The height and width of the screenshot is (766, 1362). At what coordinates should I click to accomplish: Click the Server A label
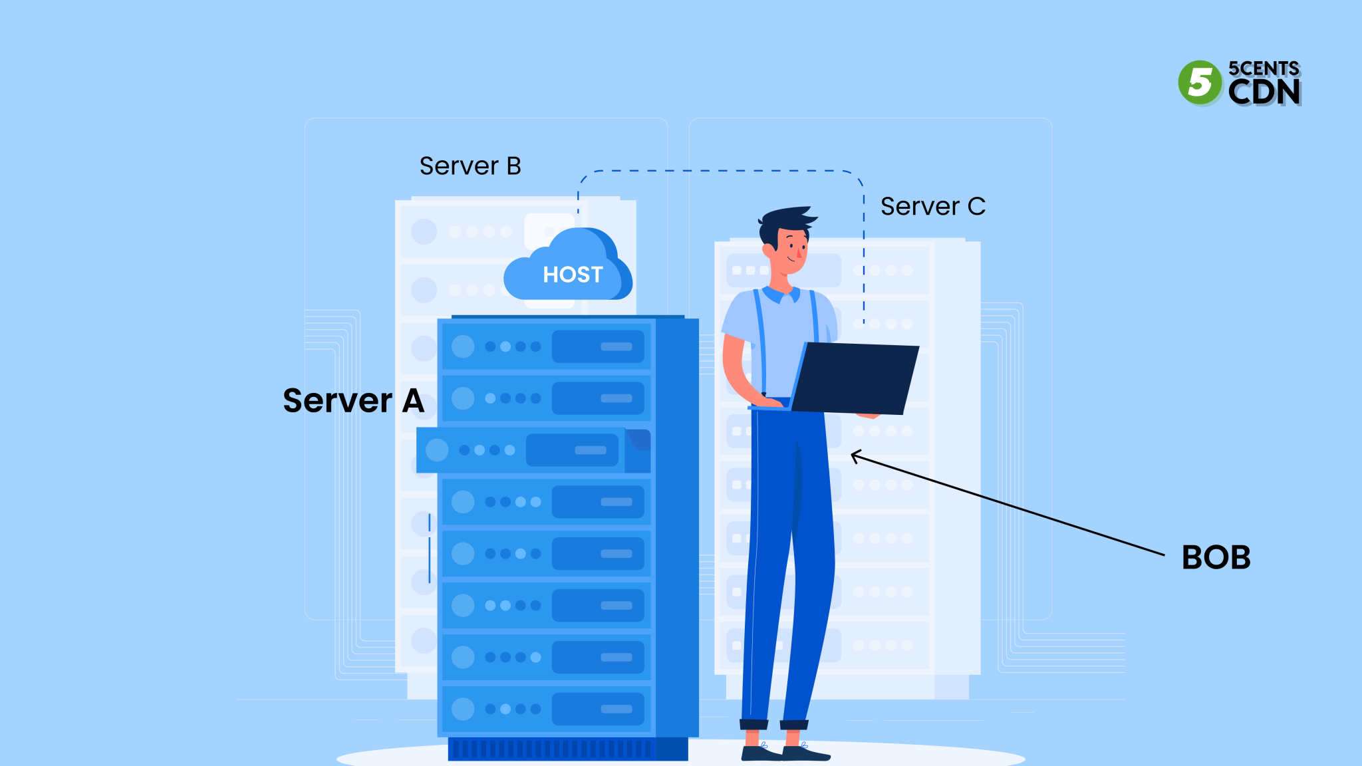(x=353, y=401)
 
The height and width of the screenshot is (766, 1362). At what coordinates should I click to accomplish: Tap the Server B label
(x=470, y=166)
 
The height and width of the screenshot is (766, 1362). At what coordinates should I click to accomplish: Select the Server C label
(x=932, y=207)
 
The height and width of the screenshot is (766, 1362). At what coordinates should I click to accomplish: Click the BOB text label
(x=1216, y=557)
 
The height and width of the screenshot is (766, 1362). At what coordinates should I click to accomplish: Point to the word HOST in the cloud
(x=573, y=275)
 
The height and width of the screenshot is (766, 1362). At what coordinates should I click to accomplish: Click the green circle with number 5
(x=1200, y=82)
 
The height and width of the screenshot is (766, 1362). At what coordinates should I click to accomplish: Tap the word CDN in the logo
(x=1264, y=92)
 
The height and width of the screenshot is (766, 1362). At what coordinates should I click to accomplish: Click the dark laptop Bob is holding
(x=855, y=379)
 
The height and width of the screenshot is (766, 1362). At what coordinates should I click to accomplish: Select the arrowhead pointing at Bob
(x=855, y=456)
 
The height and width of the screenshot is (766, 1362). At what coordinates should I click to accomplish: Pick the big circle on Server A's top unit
(x=463, y=346)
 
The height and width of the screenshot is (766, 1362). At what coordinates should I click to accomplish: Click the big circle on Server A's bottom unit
(x=463, y=709)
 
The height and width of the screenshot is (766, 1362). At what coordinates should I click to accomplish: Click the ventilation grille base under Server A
(x=552, y=749)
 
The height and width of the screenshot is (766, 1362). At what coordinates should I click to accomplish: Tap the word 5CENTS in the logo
(x=1264, y=68)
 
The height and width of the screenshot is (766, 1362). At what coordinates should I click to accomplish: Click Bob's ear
(x=769, y=251)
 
